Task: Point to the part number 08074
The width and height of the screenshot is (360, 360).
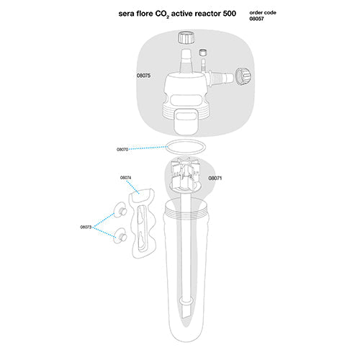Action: click(125, 177)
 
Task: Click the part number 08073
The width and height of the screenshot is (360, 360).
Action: click(86, 227)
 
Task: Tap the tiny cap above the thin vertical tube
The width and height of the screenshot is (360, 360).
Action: click(204, 53)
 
